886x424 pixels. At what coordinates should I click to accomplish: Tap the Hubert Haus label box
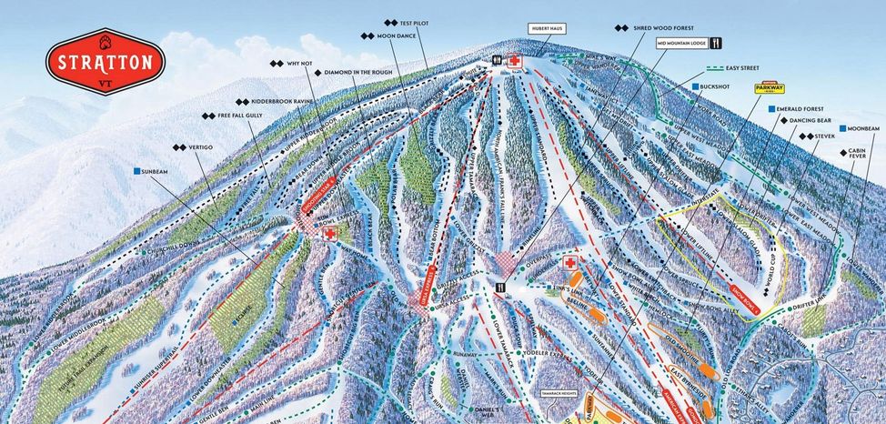click(x=546, y=28)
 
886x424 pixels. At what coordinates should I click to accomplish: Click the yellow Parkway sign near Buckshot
click(x=769, y=89)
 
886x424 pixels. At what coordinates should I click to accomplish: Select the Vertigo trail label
click(x=196, y=146)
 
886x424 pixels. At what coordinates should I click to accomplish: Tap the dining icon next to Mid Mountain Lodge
click(x=716, y=43)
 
